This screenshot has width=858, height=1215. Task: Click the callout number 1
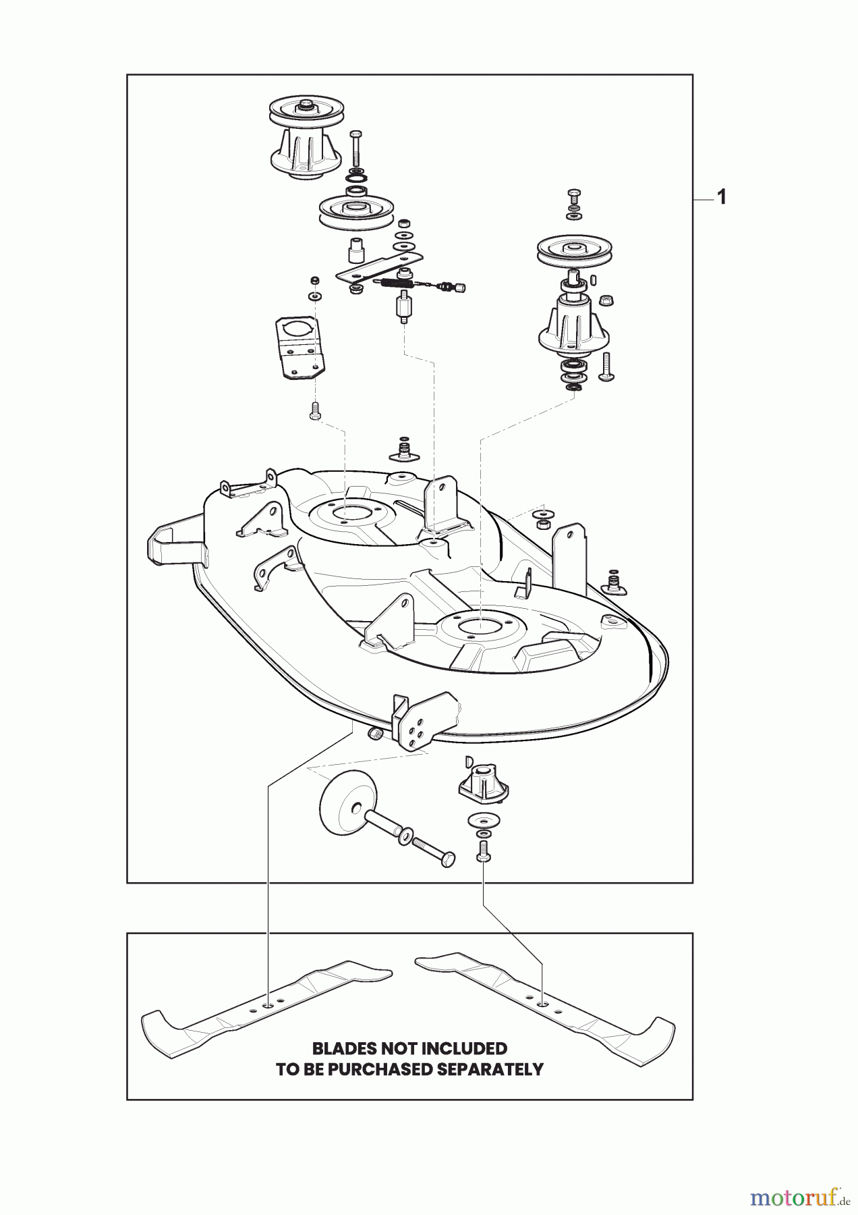[721, 198]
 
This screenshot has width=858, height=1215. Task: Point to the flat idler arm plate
[378, 267]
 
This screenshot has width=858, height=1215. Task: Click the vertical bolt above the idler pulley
[356, 151]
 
